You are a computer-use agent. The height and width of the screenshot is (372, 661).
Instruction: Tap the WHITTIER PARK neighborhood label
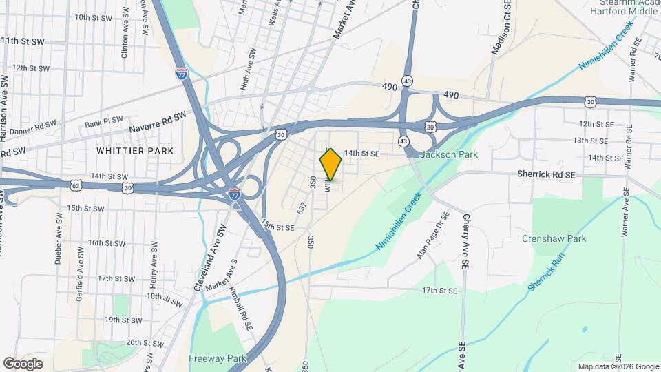[135, 150]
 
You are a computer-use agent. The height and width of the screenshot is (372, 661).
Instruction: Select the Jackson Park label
[448, 155]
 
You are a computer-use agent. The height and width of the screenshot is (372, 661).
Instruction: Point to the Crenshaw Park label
[563, 238]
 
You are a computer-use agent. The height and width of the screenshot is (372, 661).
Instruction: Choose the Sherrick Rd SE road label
[546, 176]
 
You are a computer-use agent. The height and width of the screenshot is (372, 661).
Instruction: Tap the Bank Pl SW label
[103, 123]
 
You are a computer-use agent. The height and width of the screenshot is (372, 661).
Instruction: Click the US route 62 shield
[75, 185]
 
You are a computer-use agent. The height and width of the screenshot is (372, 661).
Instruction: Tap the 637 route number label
[301, 207]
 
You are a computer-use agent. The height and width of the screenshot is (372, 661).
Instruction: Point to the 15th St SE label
[277, 226]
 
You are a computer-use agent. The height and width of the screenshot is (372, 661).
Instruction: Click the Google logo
[23, 363]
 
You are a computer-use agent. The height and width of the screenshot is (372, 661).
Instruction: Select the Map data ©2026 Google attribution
[618, 366]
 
